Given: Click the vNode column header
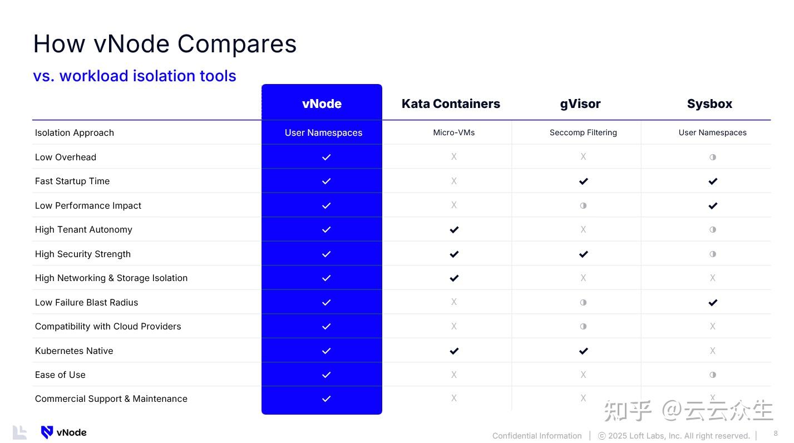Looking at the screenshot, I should point(322,104).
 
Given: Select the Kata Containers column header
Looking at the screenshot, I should point(451,104).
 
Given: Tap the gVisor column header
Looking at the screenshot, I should point(580,104).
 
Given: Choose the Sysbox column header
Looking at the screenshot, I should point(709,104).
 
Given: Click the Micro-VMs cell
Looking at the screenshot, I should point(453,132).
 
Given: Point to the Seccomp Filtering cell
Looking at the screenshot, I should point(583,132).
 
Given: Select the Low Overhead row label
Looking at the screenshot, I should point(66,157).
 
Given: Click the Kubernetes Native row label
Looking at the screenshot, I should point(74,351).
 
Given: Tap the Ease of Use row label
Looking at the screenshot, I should point(60,375).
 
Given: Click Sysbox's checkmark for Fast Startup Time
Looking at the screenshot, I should point(713,181).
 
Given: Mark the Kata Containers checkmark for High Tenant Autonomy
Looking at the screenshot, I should point(454,230).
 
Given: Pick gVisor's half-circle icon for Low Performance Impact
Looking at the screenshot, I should point(583,205).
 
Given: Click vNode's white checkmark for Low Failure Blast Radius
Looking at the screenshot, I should point(326,302).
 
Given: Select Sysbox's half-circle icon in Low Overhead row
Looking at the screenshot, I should point(713,157).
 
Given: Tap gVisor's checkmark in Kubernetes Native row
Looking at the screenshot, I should point(583,351).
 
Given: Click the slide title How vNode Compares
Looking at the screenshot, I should point(165,44).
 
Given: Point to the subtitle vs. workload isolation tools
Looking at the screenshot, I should point(135,76).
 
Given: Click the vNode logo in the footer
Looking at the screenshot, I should point(63,432).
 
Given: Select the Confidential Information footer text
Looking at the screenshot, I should point(536,436).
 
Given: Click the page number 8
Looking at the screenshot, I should point(776,433).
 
